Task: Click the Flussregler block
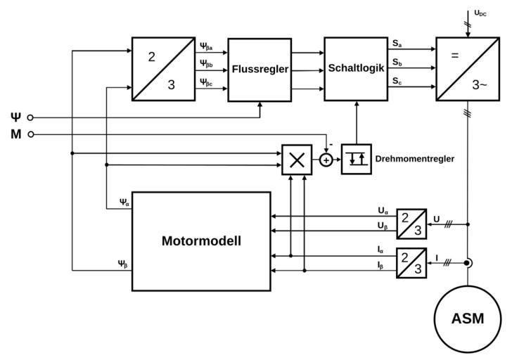point(259,70)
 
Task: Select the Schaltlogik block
point(356,68)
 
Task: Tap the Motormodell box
point(201,240)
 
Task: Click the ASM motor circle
point(468,318)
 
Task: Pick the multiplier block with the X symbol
point(297,160)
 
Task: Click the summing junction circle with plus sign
point(326,160)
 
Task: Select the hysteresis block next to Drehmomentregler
point(357,160)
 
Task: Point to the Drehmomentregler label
point(415,159)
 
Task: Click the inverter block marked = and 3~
point(468,69)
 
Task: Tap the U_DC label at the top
point(480,13)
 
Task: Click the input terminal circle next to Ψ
point(30,117)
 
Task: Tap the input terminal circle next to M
point(30,134)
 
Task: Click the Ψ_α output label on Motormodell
point(124,203)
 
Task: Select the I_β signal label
point(381,265)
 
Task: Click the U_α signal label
point(383,210)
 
